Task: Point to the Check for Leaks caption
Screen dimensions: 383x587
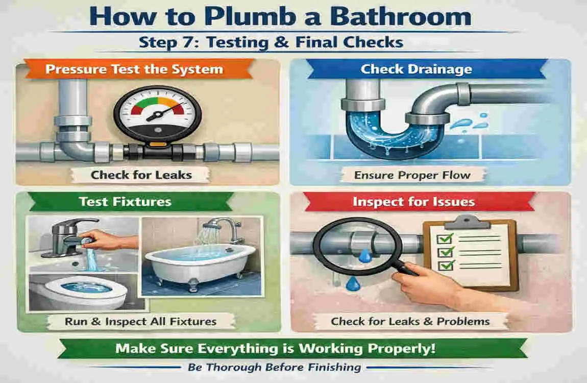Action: click(141, 175)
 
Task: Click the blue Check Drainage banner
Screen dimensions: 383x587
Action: click(416, 69)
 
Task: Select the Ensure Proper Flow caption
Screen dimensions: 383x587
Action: click(412, 175)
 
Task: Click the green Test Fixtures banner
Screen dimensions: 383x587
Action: click(125, 201)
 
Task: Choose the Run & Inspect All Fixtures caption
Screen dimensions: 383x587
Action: click(141, 322)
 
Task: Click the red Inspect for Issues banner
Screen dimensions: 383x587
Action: click(413, 201)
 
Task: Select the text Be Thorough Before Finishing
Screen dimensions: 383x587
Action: click(274, 367)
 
